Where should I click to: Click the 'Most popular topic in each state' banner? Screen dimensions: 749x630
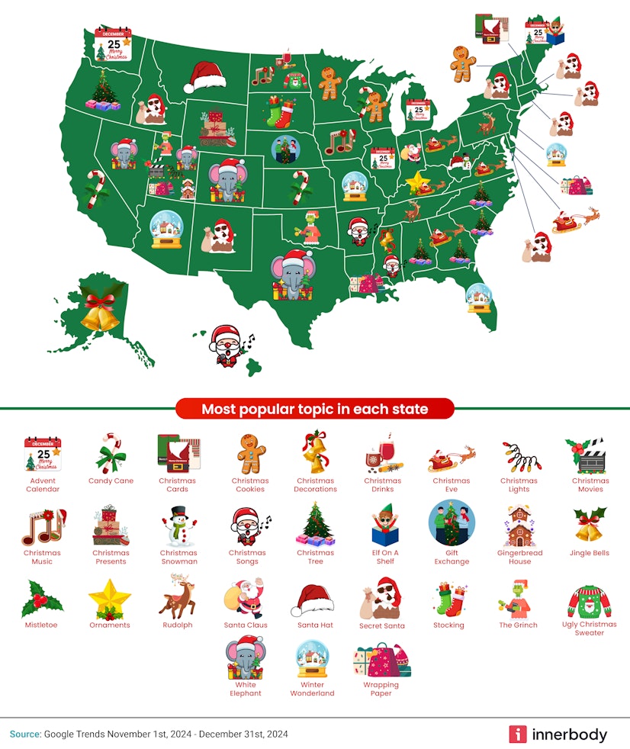click(314, 410)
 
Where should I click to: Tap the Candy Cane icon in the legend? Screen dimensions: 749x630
click(111, 453)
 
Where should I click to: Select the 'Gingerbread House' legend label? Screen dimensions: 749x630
click(519, 557)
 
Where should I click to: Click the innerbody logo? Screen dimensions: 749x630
click(558, 735)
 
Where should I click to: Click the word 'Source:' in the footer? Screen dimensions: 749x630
click(25, 735)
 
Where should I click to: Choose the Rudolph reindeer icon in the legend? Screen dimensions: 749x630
click(177, 597)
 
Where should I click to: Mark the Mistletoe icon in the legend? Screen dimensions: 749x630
click(41, 599)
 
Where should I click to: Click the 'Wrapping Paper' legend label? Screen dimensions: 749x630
click(381, 689)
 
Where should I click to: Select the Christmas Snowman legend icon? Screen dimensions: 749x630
click(178, 526)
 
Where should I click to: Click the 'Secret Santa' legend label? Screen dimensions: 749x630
click(381, 625)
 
